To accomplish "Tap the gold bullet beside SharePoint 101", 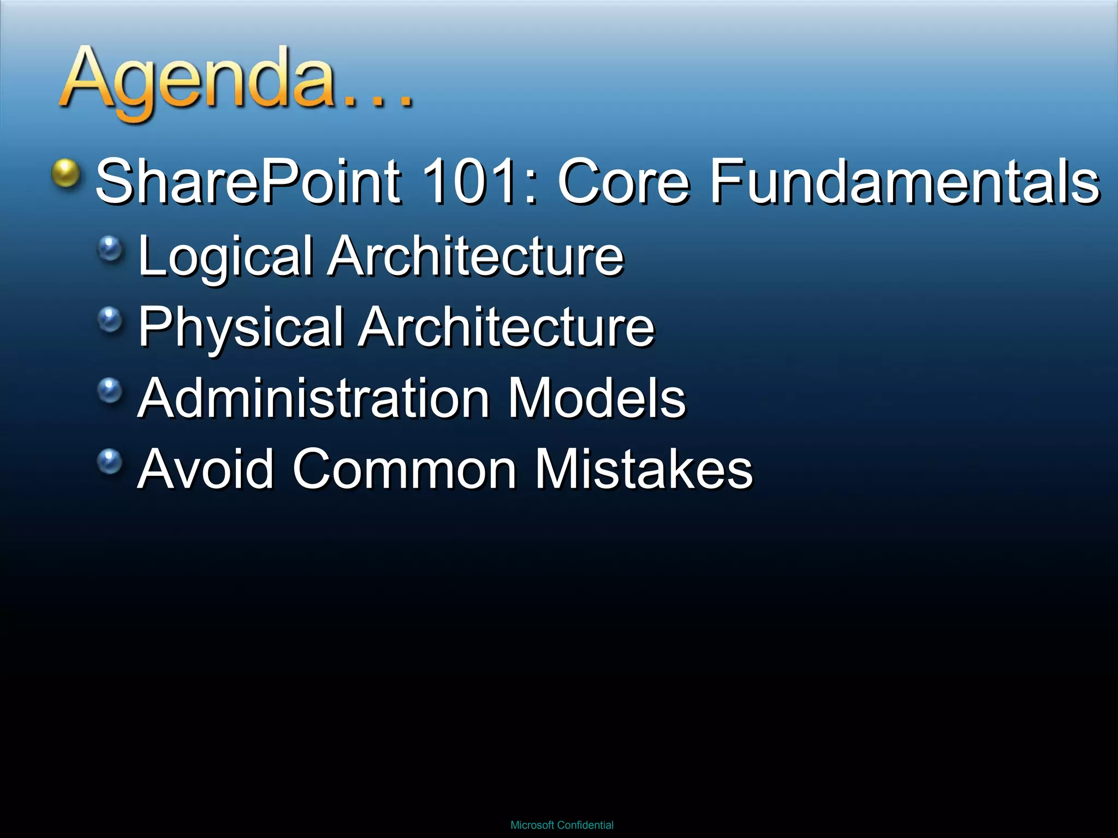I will coord(66,173).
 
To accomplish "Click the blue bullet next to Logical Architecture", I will coord(111,249).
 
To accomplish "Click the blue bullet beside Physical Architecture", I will coord(111,319).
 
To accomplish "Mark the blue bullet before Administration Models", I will coord(111,390).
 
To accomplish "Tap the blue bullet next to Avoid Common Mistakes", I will coord(111,462).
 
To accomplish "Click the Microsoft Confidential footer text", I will coord(562,825).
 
